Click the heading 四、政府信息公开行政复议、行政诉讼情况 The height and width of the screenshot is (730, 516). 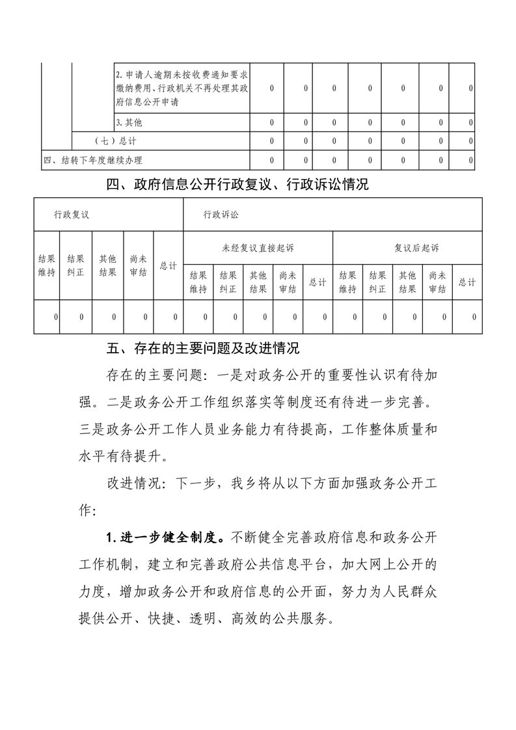pyautogui.click(x=237, y=185)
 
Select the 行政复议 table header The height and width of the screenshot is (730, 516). pyautogui.click(x=72, y=214)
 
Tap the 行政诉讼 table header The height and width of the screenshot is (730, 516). pyautogui.click(x=221, y=214)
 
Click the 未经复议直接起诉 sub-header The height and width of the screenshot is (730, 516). pyautogui.click(x=258, y=248)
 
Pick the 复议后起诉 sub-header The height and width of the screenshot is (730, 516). pyautogui.click(x=407, y=248)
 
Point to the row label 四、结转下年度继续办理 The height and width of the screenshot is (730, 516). pyautogui.click(x=92, y=160)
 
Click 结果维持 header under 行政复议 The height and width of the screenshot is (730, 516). pyautogui.click(x=47, y=265)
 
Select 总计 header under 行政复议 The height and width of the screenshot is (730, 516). pyautogui.click(x=168, y=265)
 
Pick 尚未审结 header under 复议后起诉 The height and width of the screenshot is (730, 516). pyautogui.click(x=437, y=282)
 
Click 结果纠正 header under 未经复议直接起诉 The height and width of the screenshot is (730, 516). pyautogui.click(x=228, y=282)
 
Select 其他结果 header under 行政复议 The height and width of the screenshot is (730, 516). pyautogui.click(x=107, y=265)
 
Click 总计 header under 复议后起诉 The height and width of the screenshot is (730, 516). pyautogui.click(x=467, y=282)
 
